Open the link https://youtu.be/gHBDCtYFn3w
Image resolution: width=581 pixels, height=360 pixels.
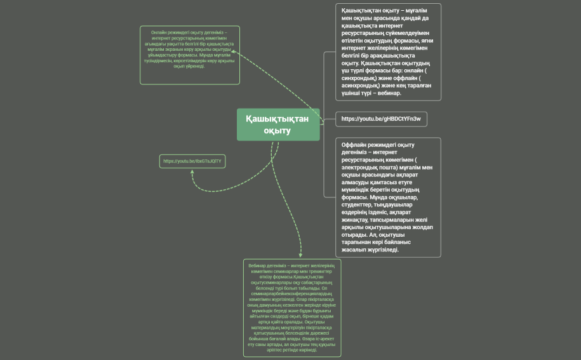(x=381, y=119)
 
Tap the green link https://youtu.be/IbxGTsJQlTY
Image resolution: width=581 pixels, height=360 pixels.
(x=192, y=161)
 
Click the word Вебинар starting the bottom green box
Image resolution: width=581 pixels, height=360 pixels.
(x=257, y=265)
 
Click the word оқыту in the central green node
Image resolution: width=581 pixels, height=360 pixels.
(x=277, y=131)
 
